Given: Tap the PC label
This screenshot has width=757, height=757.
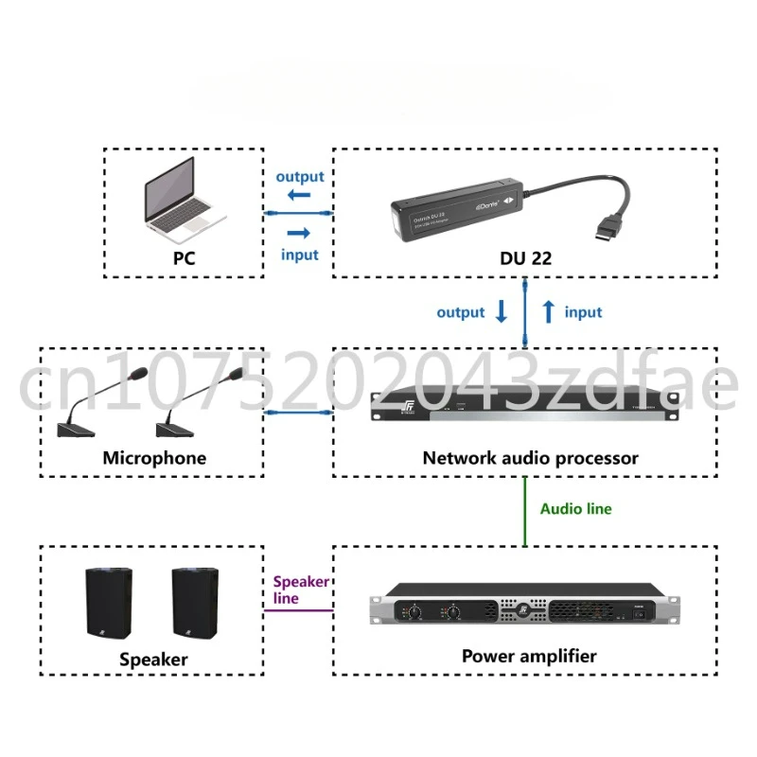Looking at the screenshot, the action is click(x=184, y=255).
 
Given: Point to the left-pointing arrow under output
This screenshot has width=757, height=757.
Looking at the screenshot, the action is click(x=299, y=196).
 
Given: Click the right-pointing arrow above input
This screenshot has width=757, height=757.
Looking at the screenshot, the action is click(x=299, y=233).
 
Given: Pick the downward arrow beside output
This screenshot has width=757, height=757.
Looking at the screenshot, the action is click(x=502, y=311).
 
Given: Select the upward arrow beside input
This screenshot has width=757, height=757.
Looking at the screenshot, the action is click(x=547, y=311).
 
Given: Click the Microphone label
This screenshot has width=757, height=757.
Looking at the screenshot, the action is click(x=154, y=458).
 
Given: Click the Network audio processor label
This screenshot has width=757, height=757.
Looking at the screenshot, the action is click(x=530, y=458).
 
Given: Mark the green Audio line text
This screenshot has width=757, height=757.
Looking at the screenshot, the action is click(x=575, y=509).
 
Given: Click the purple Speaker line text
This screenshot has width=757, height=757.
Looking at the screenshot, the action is click(x=301, y=590).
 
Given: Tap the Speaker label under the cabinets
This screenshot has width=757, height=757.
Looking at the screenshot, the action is click(x=153, y=659).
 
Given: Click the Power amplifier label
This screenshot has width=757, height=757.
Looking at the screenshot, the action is click(x=529, y=655).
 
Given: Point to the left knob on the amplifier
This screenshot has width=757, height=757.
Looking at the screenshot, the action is click(x=414, y=612).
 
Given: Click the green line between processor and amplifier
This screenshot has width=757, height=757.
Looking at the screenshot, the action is click(x=525, y=511).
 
